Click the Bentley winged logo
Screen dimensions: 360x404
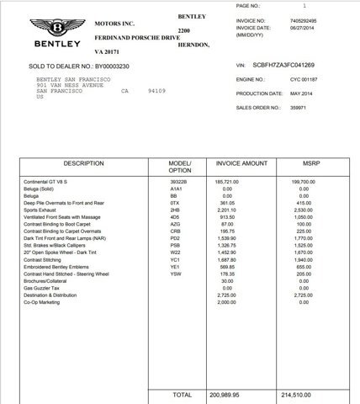56,26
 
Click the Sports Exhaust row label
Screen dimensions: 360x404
40,210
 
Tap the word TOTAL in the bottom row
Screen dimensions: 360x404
182,393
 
